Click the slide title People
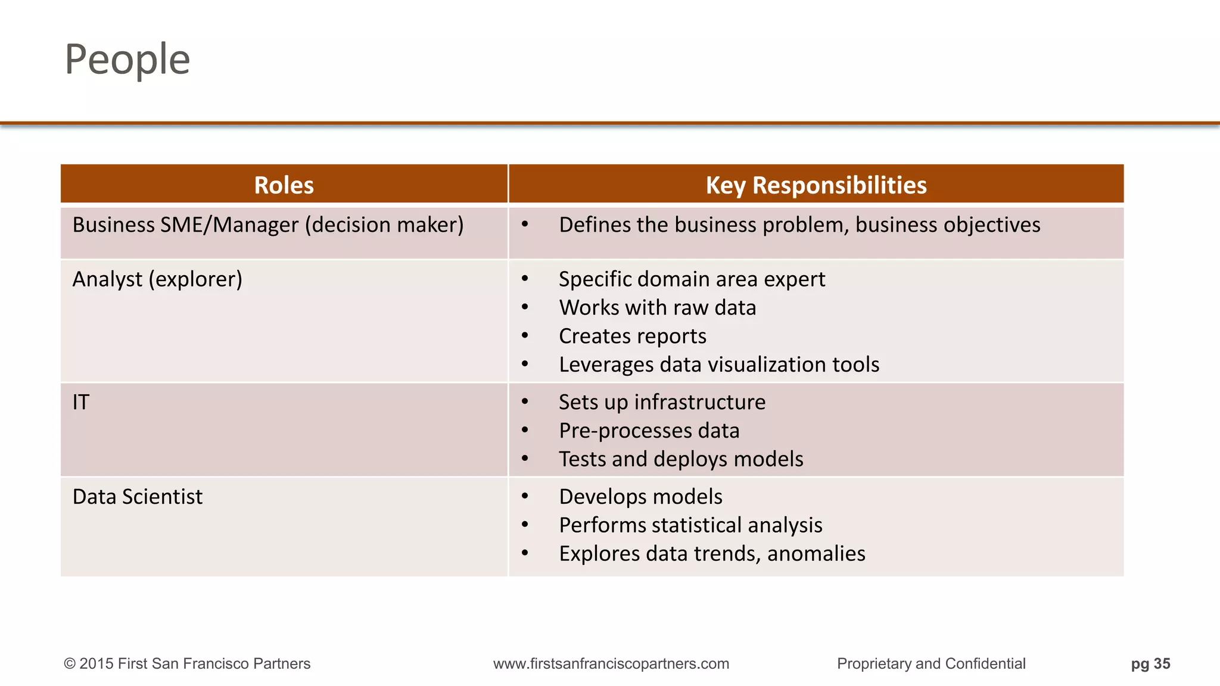coord(127,60)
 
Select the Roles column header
coord(284,185)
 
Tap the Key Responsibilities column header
coord(816,185)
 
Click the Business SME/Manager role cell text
coord(267,225)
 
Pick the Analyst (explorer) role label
coord(157,279)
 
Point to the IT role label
coord(80,403)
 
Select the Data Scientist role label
coord(137,497)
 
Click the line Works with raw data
coord(657,308)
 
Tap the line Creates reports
coord(632,336)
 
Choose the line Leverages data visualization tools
coord(718,364)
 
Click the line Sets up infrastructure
coord(662,403)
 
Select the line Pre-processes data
coord(649,431)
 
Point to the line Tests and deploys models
coord(681,459)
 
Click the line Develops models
coord(640,497)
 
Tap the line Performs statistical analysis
coord(690,525)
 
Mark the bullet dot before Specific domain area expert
coord(525,279)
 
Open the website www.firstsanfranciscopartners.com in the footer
coord(611,663)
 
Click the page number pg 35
coord(1150,663)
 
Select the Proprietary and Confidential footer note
coord(930,663)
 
